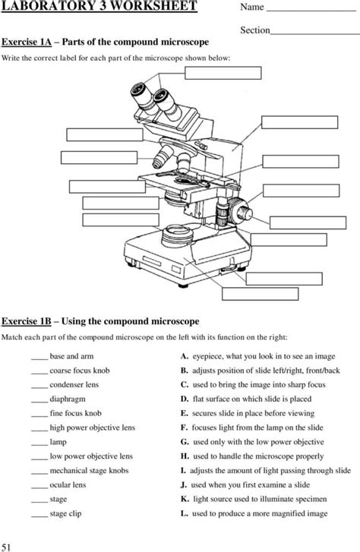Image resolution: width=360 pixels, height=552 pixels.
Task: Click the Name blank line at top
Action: pyautogui.click(x=311, y=11)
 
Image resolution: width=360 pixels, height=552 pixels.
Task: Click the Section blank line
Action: pyautogui.click(x=315, y=34)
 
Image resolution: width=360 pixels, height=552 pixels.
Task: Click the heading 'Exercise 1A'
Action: pyautogui.click(x=27, y=42)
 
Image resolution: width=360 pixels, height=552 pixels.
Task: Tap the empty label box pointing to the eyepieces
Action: pyautogui.click(x=223, y=73)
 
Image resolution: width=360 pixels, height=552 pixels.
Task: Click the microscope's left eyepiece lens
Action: pyautogui.click(x=137, y=89)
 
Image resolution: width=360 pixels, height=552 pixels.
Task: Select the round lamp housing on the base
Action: pyautogui.click(x=178, y=236)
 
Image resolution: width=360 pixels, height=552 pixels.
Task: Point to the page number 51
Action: pyautogui.click(x=6, y=547)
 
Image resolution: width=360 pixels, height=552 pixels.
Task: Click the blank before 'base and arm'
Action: pyautogui.click(x=39, y=359)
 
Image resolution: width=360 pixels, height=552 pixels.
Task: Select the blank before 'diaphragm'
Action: pyautogui.click(x=39, y=402)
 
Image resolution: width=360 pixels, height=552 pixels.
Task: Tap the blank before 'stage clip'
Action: pyautogui.click(x=39, y=516)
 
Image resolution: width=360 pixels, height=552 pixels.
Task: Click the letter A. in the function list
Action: pyautogui.click(x=185, y=356)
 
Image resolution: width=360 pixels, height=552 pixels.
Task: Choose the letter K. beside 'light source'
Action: pyautogui.click(x=185, y=499)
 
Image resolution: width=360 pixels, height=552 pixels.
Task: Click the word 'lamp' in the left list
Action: pyautogui.click(x=58, y=442)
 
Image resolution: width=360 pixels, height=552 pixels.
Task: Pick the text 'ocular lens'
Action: pyautogui.click(x=68, y=484)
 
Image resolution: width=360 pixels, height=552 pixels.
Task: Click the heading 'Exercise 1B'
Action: pyautogui.click(x=27, y=321)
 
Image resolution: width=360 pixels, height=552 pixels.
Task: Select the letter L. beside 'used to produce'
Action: pyautogui.click(x=185, y=513)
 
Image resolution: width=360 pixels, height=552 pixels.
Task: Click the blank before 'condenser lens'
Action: pyautogui.click(x=39, y=387)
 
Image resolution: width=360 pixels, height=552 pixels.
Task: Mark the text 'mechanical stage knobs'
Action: pyautogui.click(x=89, y=471)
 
